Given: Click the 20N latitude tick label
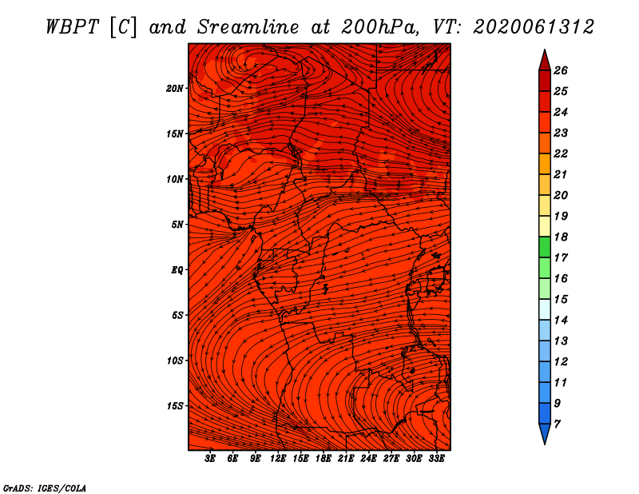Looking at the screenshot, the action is (x=175, y=89).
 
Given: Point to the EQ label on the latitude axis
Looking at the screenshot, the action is (x=177, y=270).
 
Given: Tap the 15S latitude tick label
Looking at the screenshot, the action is (x=175, y=406).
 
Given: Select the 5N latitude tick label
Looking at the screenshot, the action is (x=177, y=225).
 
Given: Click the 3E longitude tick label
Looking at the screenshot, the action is (x=210, y=458).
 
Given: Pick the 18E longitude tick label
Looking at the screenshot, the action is (x=323, y=458).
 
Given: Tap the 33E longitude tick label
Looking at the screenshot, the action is (x=436, y=458).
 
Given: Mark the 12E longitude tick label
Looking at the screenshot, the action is (x=278, y=458).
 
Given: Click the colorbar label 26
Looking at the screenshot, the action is (x=561, y=70).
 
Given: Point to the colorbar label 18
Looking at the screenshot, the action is (x=561, y=237).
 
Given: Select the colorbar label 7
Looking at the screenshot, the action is (x=557, y=424).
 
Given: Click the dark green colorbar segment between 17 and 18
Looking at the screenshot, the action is (x=545, y=247).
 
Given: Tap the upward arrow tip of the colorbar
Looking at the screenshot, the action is (x=545, y=50).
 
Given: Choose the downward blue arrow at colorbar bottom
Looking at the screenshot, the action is (x=545, y=433).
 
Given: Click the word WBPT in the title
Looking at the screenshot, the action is (x=72, y=27).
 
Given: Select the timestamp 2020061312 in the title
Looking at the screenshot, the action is (x=534, y=27).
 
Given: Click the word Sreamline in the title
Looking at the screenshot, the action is (x=248, y=27).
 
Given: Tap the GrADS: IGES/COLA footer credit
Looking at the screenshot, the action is (x=45, y=488).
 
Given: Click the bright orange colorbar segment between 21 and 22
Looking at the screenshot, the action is (x=545, y=164).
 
